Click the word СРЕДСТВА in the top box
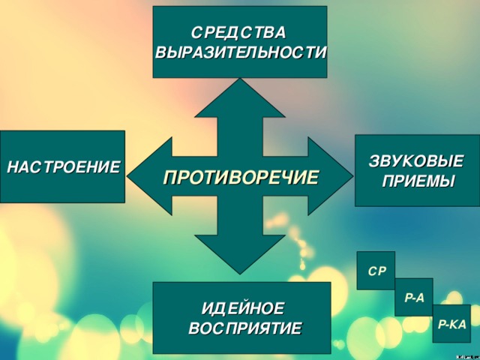point(238,33)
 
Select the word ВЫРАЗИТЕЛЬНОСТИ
point(241,52)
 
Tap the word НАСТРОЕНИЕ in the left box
point(63,167)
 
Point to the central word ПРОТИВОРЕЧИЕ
point(241,178)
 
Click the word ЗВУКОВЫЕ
point(416,161)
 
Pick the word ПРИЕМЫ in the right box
point(418,181)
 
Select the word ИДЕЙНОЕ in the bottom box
point(243,307)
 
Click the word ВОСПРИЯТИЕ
point(245,328)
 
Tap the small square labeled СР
point(376,271)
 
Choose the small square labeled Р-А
point(414,297)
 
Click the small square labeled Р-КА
point(451,323)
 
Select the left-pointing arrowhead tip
point(127,176)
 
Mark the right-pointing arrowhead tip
point(353,176)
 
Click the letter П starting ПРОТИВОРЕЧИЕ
point(170,178)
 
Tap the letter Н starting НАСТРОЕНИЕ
point(13,167)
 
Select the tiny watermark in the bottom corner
point(467,357)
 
